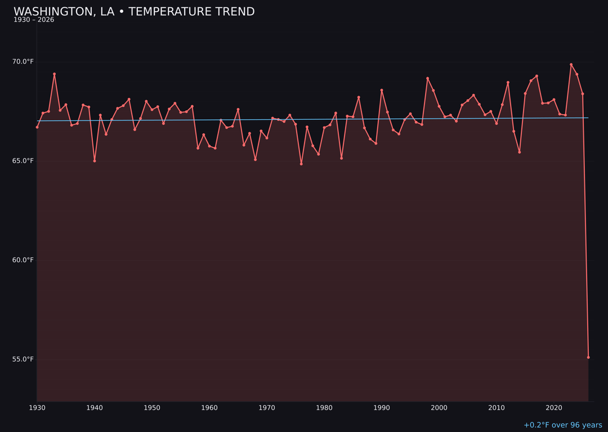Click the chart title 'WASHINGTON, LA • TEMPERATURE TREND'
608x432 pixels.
click(x=134, y=12)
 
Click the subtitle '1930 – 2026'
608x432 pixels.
click(x=34, y=20)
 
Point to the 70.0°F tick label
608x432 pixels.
click(x=24, y=61)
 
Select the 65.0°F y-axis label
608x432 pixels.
click(x=24, y=161)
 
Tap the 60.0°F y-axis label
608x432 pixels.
click(x=24, y=260)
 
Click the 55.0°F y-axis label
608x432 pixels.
click(x=24, y=359)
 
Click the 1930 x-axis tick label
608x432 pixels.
click(x=37, y=407)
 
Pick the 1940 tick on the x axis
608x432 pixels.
click(x=95, y=407)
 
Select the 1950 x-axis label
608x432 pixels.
click(x=152, y=407)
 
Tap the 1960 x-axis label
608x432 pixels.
click(x=209, y=407)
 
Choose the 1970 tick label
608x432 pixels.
click(x=267, y=407)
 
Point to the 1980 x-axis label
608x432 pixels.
click(x=324, y=407)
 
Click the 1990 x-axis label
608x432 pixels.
click(x=382, y=407)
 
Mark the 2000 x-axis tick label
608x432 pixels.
click(x=439, y=407)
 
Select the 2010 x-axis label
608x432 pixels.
click(x=497, y=407)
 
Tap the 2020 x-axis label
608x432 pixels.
click(x=554, y=407)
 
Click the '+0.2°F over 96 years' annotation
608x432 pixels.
click(x=562, y=425)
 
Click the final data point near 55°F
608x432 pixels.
click(x=588, y=357)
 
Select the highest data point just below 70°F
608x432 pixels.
click(x=571, y=65)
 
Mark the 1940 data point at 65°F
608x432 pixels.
click(x=95, y=161)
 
